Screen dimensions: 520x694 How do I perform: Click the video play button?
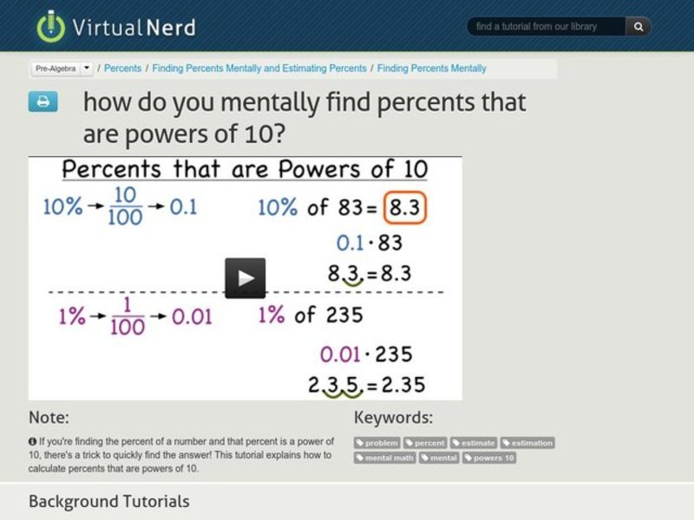click(x=245, y=277)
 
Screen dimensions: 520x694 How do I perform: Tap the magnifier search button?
click(x=638, y=27)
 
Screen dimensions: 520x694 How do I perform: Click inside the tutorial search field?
click(x=547, y=27)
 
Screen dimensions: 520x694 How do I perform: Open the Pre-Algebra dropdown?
click(x=63, y=68)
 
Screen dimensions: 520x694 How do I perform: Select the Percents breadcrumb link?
click(x=124, y=68)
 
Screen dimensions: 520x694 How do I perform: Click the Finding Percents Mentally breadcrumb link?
click(x=431, y=68)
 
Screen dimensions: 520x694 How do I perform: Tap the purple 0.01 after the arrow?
click(x=191, y=316)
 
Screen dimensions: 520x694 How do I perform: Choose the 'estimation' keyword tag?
click(x=527, y=443)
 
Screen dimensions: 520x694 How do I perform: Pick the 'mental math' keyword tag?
click(x=385, y=458)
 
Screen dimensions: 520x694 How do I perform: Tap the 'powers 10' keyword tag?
click(x=489, y=458)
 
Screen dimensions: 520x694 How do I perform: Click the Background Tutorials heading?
click(x=108, y=501)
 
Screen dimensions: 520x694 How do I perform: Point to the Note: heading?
click(x=49, y=417)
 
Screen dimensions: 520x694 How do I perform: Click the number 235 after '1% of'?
click(x=344, y=315)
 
